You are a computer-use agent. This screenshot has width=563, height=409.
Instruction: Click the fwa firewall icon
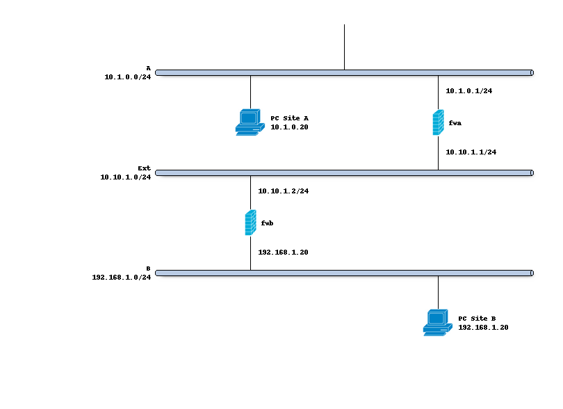tap(438, 122)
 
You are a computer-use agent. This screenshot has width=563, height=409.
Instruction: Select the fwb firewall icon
tap(250, 223)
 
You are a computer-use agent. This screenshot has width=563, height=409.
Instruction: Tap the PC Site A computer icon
tap(250, 122)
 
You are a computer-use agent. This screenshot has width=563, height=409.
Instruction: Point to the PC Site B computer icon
tap(437, 323)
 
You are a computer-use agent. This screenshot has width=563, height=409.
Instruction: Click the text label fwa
tap(455, 123)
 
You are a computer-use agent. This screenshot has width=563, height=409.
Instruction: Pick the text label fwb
tap(268, 223)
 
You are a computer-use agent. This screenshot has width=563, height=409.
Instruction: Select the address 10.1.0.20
tap(289, 127)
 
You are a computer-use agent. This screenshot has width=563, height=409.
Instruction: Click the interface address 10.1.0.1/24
tap(468, 91)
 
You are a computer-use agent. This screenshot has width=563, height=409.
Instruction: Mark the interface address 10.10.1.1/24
tap(471, 152)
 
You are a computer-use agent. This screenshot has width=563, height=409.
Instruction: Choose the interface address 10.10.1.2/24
tap(283, 191)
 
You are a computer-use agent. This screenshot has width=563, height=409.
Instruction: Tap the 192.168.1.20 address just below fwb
tap(283, 252)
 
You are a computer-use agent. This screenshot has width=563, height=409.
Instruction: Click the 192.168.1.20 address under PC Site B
tap(483, 328)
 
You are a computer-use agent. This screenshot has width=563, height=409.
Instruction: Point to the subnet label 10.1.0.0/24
tap(127, 77)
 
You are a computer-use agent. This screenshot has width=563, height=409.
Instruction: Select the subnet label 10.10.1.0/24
tap(125, 177)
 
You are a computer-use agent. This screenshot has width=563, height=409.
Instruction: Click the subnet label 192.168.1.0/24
tap(121, 278)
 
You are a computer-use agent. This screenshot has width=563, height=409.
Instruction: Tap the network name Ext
tap(144, 168)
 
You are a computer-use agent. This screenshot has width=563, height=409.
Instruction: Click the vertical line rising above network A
tap(344, 46)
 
